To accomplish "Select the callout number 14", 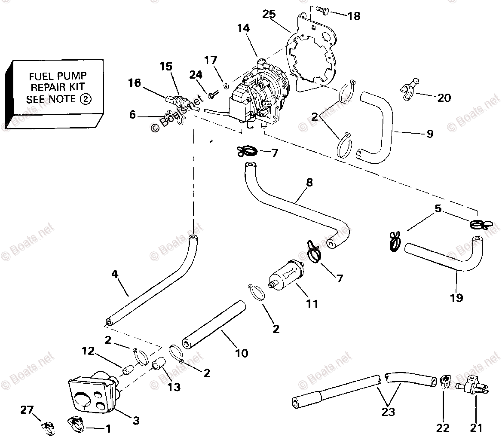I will (243, 29).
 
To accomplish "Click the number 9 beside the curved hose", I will (429, 134).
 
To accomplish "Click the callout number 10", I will (242, 353).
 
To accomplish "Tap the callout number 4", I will (114, 274).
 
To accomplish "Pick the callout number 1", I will (108, 428).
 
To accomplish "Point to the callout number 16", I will (135, 82).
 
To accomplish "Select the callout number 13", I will (174, 387).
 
